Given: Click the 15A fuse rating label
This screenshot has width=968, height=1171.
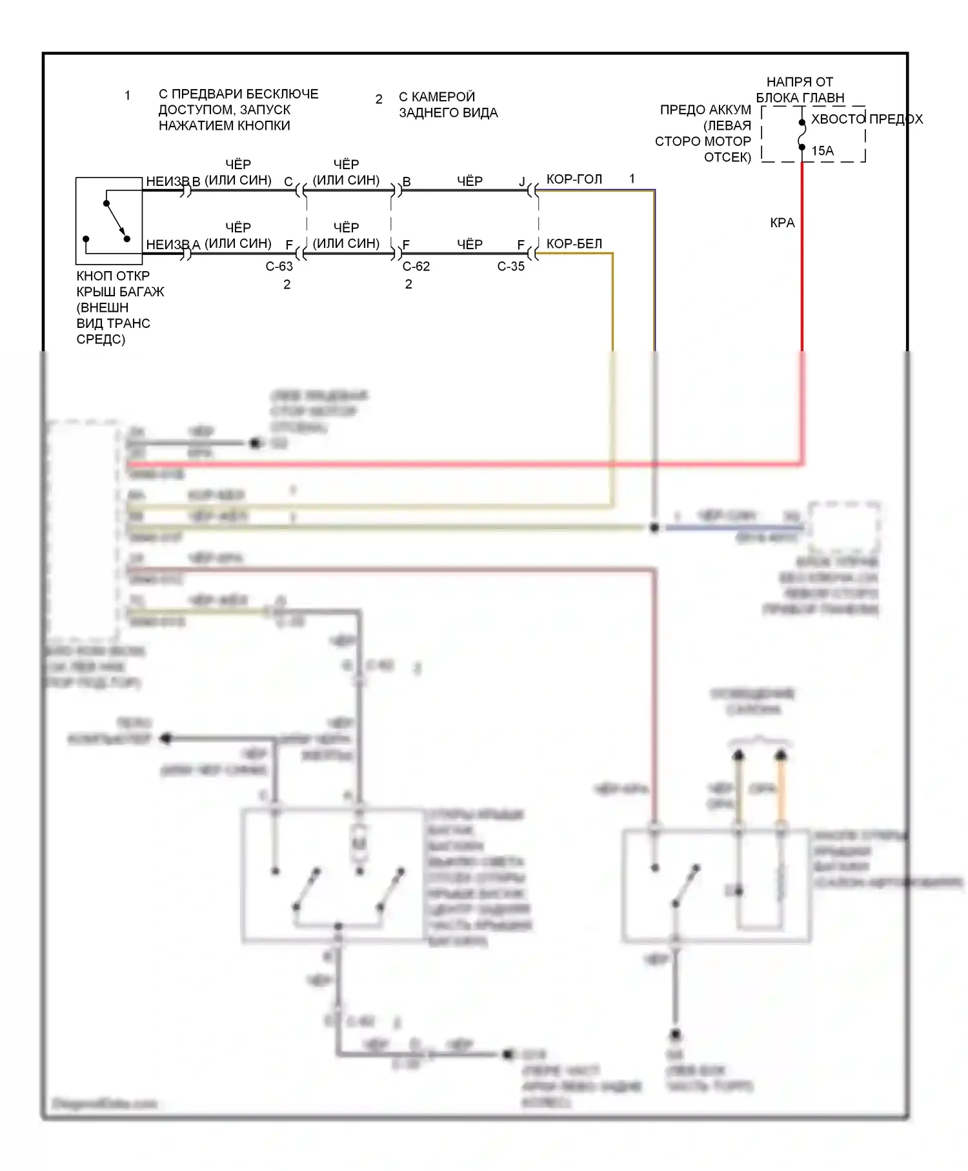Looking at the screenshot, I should pyautogui.click(x=822, y=151).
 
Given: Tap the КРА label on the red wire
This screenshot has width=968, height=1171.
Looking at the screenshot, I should pyautogui.click(x=782, y=223).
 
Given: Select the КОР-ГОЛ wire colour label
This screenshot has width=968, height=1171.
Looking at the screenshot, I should pyautogui.click(x=574, y=179).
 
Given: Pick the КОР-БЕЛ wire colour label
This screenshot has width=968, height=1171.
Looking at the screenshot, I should pyautogui.click(x=574, y=244).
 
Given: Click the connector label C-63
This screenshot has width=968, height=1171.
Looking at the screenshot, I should pyautogui.click(x=279, y=267).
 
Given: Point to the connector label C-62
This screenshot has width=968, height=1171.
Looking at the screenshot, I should pyautogui.click(x=416, y=267).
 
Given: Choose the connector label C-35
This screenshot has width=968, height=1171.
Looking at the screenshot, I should pyautogui.click(x=510, y=267).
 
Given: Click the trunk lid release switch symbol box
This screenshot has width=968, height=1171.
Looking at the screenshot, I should pyautogui.click(x=109, y=221).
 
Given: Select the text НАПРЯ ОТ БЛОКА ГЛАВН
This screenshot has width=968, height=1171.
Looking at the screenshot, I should pyautogui.click(x=800, y=90).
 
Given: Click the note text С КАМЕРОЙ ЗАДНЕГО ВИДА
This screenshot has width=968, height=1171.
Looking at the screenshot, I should pyautogui.click(x=448, y=105).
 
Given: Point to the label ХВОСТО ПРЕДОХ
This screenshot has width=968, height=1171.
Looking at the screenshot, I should pyautogui.click(x=867, y=119).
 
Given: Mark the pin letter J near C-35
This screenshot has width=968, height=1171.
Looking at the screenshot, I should pyautogui.click(x=522, y=182).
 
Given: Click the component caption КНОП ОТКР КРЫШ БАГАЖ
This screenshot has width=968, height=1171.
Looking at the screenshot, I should pyautogui.click(x=119, y=284).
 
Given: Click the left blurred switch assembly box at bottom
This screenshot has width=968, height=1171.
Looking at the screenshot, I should pyautogui.click(x=333, y=875).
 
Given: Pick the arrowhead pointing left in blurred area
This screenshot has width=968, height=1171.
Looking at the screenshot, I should pyautogui.click(x=166, y=738).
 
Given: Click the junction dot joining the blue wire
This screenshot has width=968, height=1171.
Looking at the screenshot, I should pyautogui.click(x=654, y=528).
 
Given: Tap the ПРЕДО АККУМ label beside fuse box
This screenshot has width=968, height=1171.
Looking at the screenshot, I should pyautogui.click(x=705, y=110).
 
